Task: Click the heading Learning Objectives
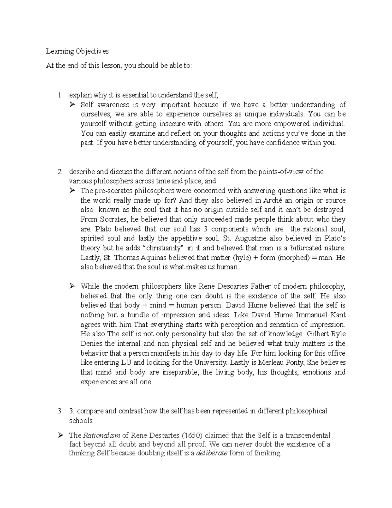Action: [77, 51]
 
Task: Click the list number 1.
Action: [59, 96]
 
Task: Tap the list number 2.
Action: [59, 172]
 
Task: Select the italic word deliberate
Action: [212, 453]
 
